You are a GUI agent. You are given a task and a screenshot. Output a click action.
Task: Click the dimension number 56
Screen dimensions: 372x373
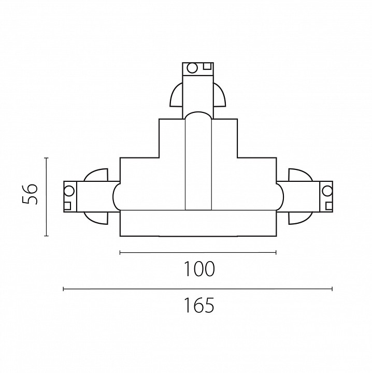pyautogui.click(x=30, y=194)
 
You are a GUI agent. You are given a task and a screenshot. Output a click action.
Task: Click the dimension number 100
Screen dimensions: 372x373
pyautogui.click(x=199, y=269)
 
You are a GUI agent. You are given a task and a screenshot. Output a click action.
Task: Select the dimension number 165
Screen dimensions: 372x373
pyautogui.click(x=199, y=305)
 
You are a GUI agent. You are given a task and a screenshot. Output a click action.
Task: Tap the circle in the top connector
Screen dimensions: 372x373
pyautogui.click(x=192, y=68)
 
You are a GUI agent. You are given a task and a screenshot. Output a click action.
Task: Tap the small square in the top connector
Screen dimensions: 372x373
pyautogui.click(x=207, y=66)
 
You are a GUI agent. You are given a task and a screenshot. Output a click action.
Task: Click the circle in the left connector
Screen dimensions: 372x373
pyautogui.click(x=69, y=191)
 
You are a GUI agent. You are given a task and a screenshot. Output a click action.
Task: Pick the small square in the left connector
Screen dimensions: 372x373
pyautogui.click(x=67, y=206)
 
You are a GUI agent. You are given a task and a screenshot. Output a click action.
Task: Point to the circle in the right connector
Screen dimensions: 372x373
pyautogui.click(x=327, y=191)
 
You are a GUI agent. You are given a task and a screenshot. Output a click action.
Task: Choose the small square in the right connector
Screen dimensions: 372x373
pyautogui.click(x=329, y=206)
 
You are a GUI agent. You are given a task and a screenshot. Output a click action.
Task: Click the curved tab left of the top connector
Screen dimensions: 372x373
pyautogui.click(x=177, y=95)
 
